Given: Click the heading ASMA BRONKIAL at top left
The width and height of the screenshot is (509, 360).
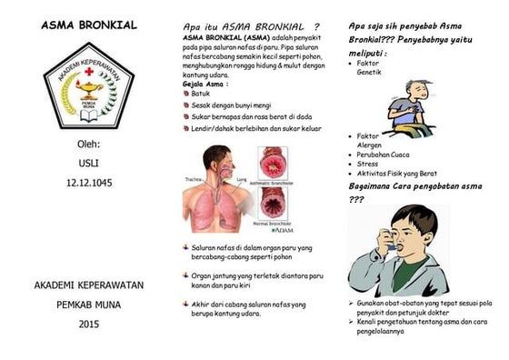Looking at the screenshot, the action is (x=88, y=25).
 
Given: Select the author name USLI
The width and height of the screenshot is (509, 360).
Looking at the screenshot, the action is (x=88, y=164).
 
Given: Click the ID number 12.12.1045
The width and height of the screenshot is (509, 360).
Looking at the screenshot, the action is (x=88, y=183).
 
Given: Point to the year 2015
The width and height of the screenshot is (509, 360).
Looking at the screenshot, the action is (x=88, y=324).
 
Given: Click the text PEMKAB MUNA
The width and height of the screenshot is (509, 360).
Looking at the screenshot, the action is (x=88, y=305).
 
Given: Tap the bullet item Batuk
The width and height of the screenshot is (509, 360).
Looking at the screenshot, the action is (x=201, y=94).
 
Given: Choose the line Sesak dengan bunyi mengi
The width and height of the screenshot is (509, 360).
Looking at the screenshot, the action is (x=230, y=105).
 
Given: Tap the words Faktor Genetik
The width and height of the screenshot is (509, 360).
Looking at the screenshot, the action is (x=368, y=67).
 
